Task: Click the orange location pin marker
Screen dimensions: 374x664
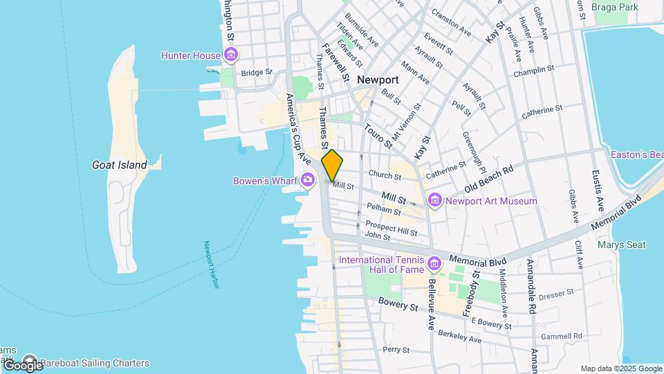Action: pos(333,165)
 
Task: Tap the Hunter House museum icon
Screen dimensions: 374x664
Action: pos(231,55)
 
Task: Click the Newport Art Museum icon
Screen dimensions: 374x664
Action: pos(435,202)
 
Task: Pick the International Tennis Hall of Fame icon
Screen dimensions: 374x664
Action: pos(434,263)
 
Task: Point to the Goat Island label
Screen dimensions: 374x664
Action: pos(120,165)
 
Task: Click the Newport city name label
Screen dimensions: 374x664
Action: pos(379,80)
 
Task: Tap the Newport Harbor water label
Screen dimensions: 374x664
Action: pos(211,265)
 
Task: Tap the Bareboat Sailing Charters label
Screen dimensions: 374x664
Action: pos(94,363)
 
